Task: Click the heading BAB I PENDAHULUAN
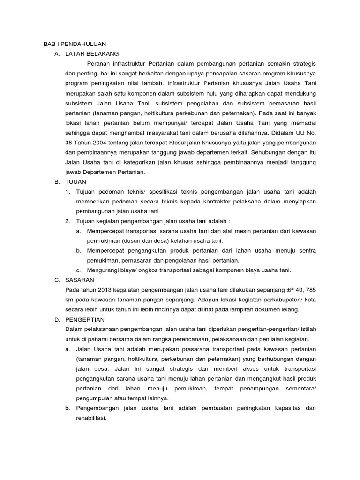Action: coord(72,44)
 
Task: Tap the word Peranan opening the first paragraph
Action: coord(99,64)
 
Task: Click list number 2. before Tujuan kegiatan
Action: coord(67,221)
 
